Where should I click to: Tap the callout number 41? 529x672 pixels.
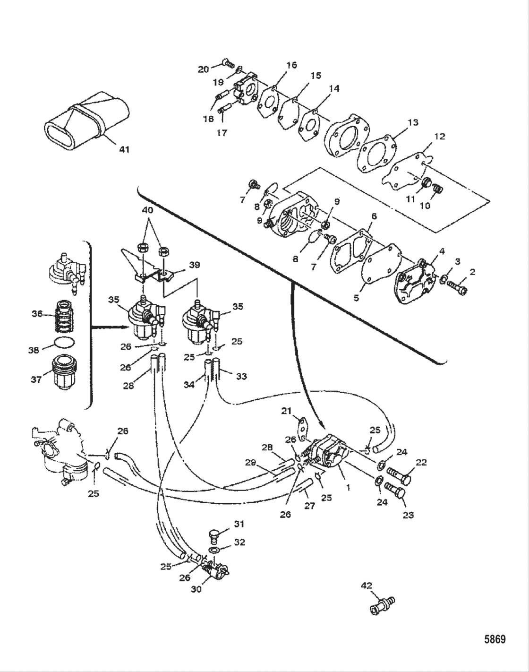click(x=124, y=149)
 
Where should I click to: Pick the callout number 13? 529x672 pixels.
click(x=413, y=122)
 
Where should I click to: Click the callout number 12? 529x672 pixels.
click(x=440, y=137)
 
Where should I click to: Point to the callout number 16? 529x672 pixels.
click(x=291, y=65)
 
